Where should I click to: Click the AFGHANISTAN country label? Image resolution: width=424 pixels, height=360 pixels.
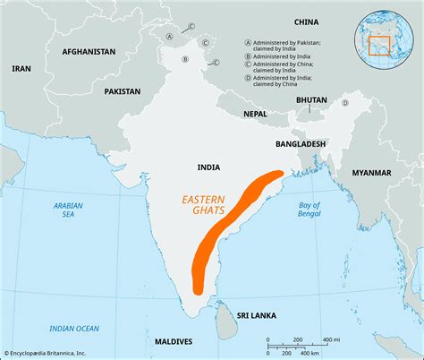pos(89,52)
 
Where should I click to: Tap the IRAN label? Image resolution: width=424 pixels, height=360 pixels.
pos(22,68)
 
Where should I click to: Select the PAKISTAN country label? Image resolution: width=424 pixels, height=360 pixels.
pos(122,91)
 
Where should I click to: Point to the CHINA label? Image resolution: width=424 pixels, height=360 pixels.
pos(306,21)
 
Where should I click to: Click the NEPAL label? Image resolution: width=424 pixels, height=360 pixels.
pos(254,114)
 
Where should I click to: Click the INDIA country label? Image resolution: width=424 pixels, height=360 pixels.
pos(209,167)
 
